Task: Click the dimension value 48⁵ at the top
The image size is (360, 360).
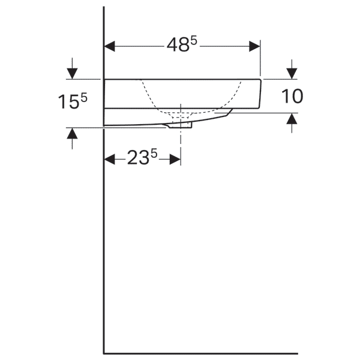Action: (181, 46)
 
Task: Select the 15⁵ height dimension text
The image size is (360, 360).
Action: (73, 101)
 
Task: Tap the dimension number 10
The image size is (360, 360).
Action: (292, 96)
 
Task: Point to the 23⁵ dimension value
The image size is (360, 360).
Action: (142, 158)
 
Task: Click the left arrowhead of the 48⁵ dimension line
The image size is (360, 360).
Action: (109, 46)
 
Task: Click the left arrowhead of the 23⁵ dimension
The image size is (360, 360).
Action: (110, 159)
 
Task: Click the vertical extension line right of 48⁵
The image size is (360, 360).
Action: (260, 60)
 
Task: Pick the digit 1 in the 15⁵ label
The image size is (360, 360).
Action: (62, 102)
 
